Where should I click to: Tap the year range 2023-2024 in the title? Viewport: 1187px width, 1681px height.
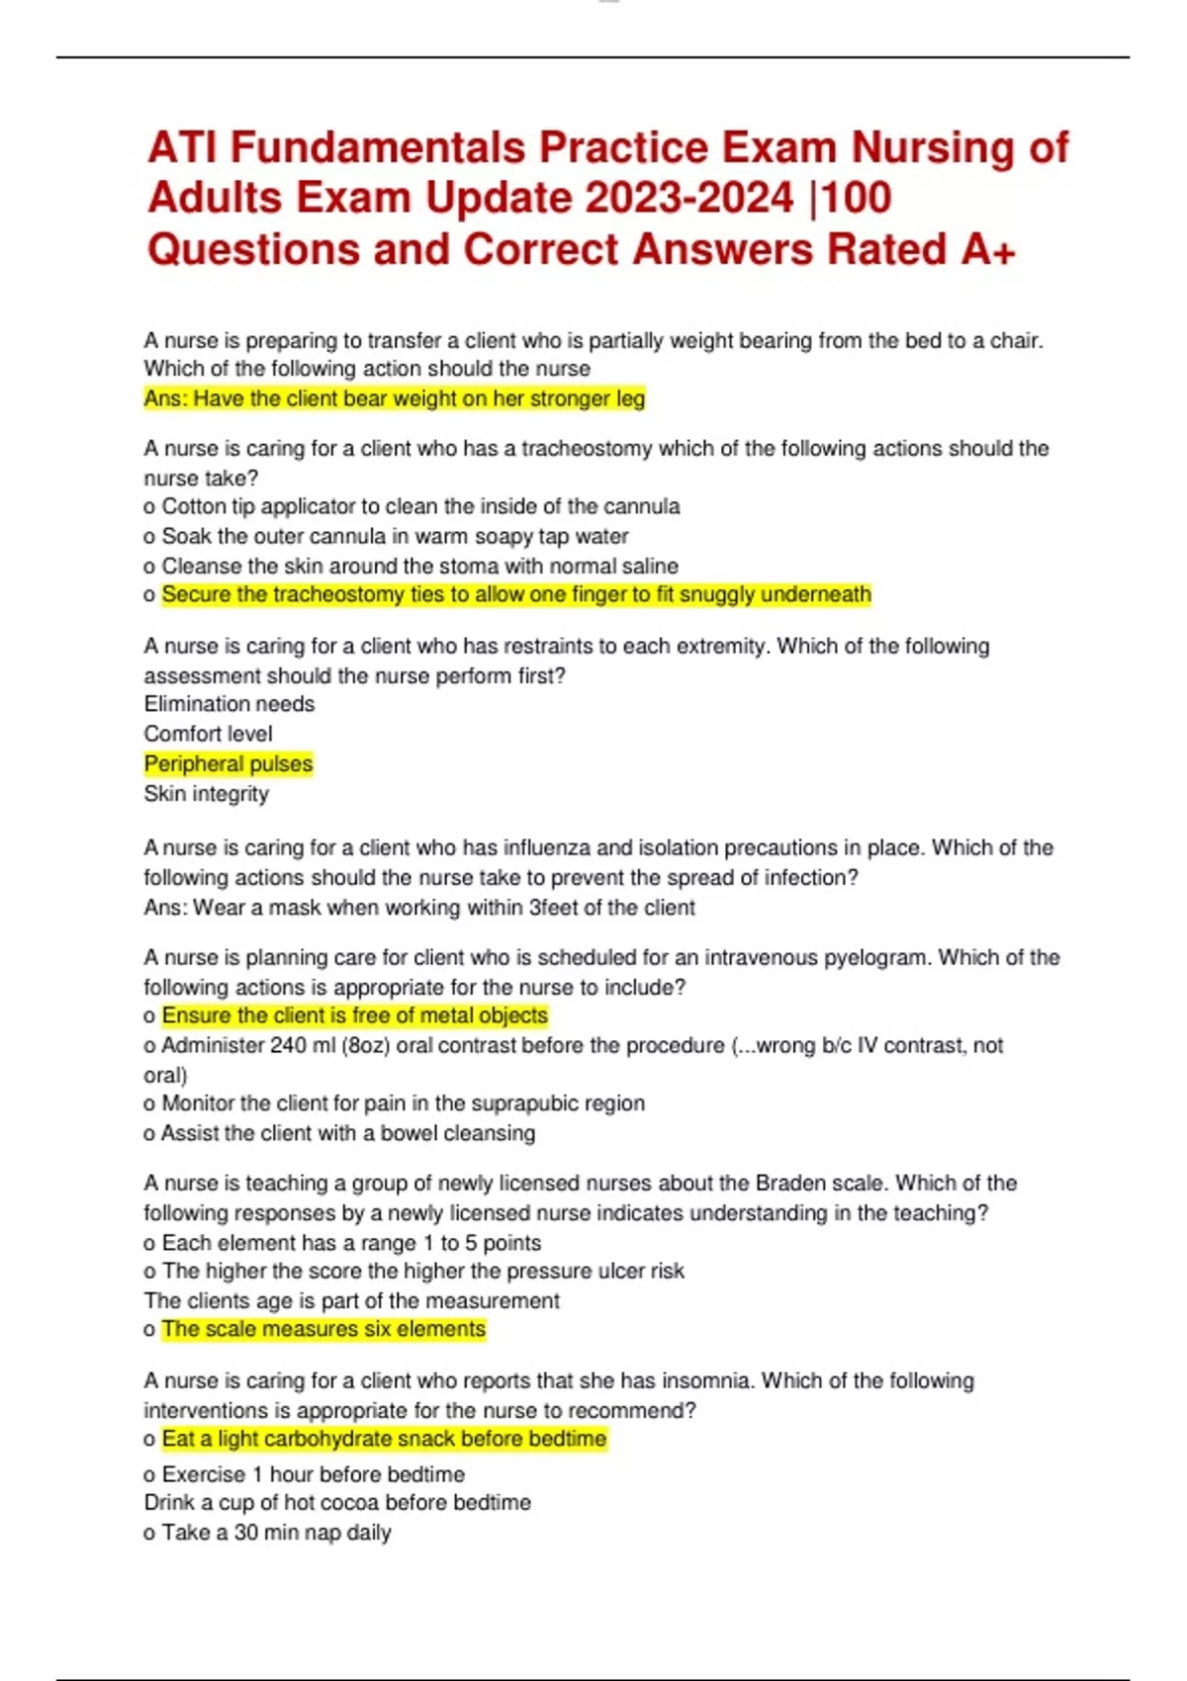(x=688, y=198)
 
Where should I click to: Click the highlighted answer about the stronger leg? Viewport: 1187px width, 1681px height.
(x=394, y=398)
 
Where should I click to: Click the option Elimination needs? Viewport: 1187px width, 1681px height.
(x=229, y=704)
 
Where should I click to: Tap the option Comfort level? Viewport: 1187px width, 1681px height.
(x=208, y=734)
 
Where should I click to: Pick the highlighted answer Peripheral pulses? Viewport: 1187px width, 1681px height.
(x=228, y=763)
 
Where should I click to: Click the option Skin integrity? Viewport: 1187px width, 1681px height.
(x=206, y=793)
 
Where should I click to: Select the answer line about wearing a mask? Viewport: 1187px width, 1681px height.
(x=419, y=907)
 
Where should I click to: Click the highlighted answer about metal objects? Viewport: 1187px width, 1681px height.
(x=354, y=1016)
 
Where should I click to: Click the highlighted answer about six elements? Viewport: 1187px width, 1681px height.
(x=323, y=1329)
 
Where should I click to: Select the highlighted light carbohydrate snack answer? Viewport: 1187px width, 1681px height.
(x=384, y=1439)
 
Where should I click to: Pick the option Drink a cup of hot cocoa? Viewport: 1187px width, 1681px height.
(x=337, y=1503)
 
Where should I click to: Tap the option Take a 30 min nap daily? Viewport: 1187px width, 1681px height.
(x=276, y=1533)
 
